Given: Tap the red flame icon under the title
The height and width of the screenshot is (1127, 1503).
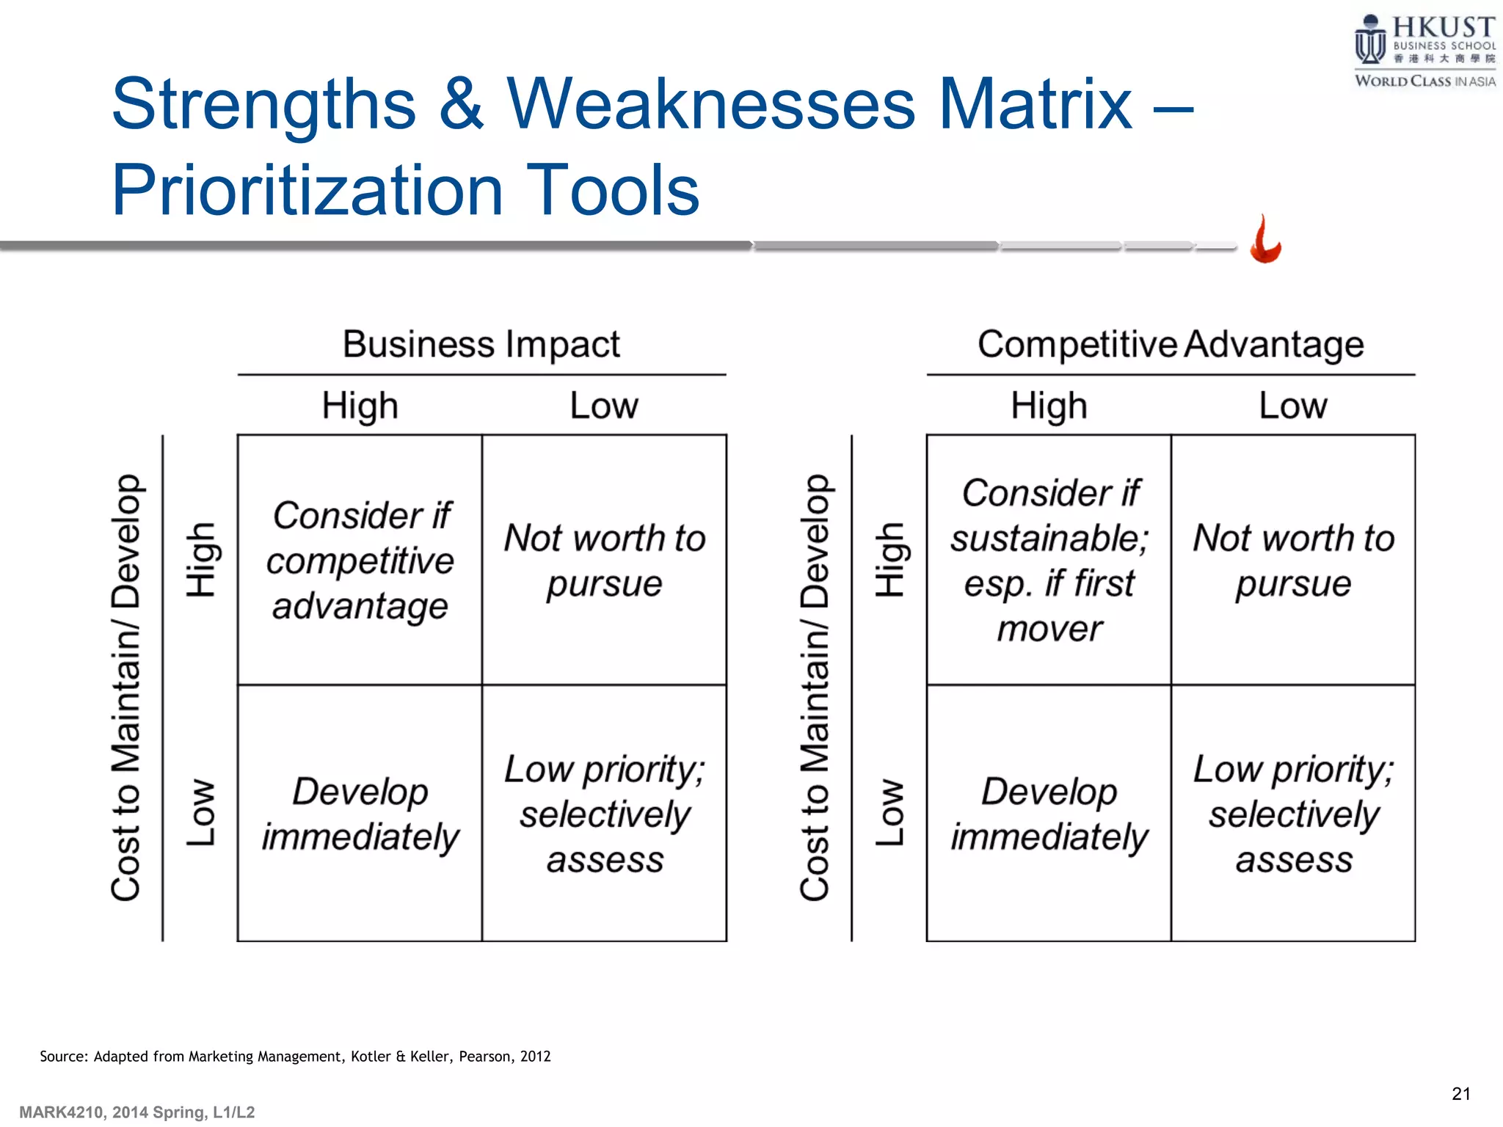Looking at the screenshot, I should pos(1265,239).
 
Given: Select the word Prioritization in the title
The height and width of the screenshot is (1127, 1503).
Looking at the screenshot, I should pos(306,190).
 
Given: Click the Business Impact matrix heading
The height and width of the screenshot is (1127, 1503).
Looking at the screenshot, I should pos(481,344).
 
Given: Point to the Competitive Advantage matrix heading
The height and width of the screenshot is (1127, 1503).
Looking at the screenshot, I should pos(1171,344).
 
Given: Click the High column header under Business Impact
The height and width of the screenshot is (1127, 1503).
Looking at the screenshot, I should pos(360,406).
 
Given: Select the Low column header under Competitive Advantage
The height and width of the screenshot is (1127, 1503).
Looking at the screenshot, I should pos(1293,406).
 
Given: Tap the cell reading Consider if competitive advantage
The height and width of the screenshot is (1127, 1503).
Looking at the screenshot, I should pos(360,561).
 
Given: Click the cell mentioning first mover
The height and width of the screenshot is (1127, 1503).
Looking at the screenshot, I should pos(1049,561).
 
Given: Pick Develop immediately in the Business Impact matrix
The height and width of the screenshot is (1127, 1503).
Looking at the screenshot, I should pos(360,814).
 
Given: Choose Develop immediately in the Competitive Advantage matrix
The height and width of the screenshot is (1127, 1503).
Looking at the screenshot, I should pos(1049,814).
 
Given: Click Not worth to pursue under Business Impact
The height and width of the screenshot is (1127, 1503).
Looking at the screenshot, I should pos(605,561).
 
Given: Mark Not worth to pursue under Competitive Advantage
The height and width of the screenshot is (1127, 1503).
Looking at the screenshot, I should pos(1293,561).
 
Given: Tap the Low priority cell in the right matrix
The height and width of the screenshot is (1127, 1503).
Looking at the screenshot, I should pos(1293,814).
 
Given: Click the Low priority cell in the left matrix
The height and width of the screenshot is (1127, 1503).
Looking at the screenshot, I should pos(605,814).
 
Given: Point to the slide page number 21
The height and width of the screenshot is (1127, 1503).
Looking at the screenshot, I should pos(1461,1094).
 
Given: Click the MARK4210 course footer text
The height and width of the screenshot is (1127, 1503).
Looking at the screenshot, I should pos(137,1112).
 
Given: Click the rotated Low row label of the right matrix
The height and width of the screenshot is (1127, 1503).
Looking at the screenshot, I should pos(890,812).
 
